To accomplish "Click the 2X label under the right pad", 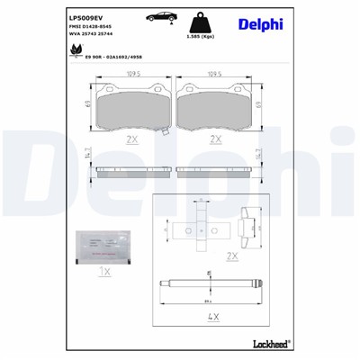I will pos(215,139).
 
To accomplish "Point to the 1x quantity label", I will pos(104,270).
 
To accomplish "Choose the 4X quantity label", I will pos(214,318).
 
